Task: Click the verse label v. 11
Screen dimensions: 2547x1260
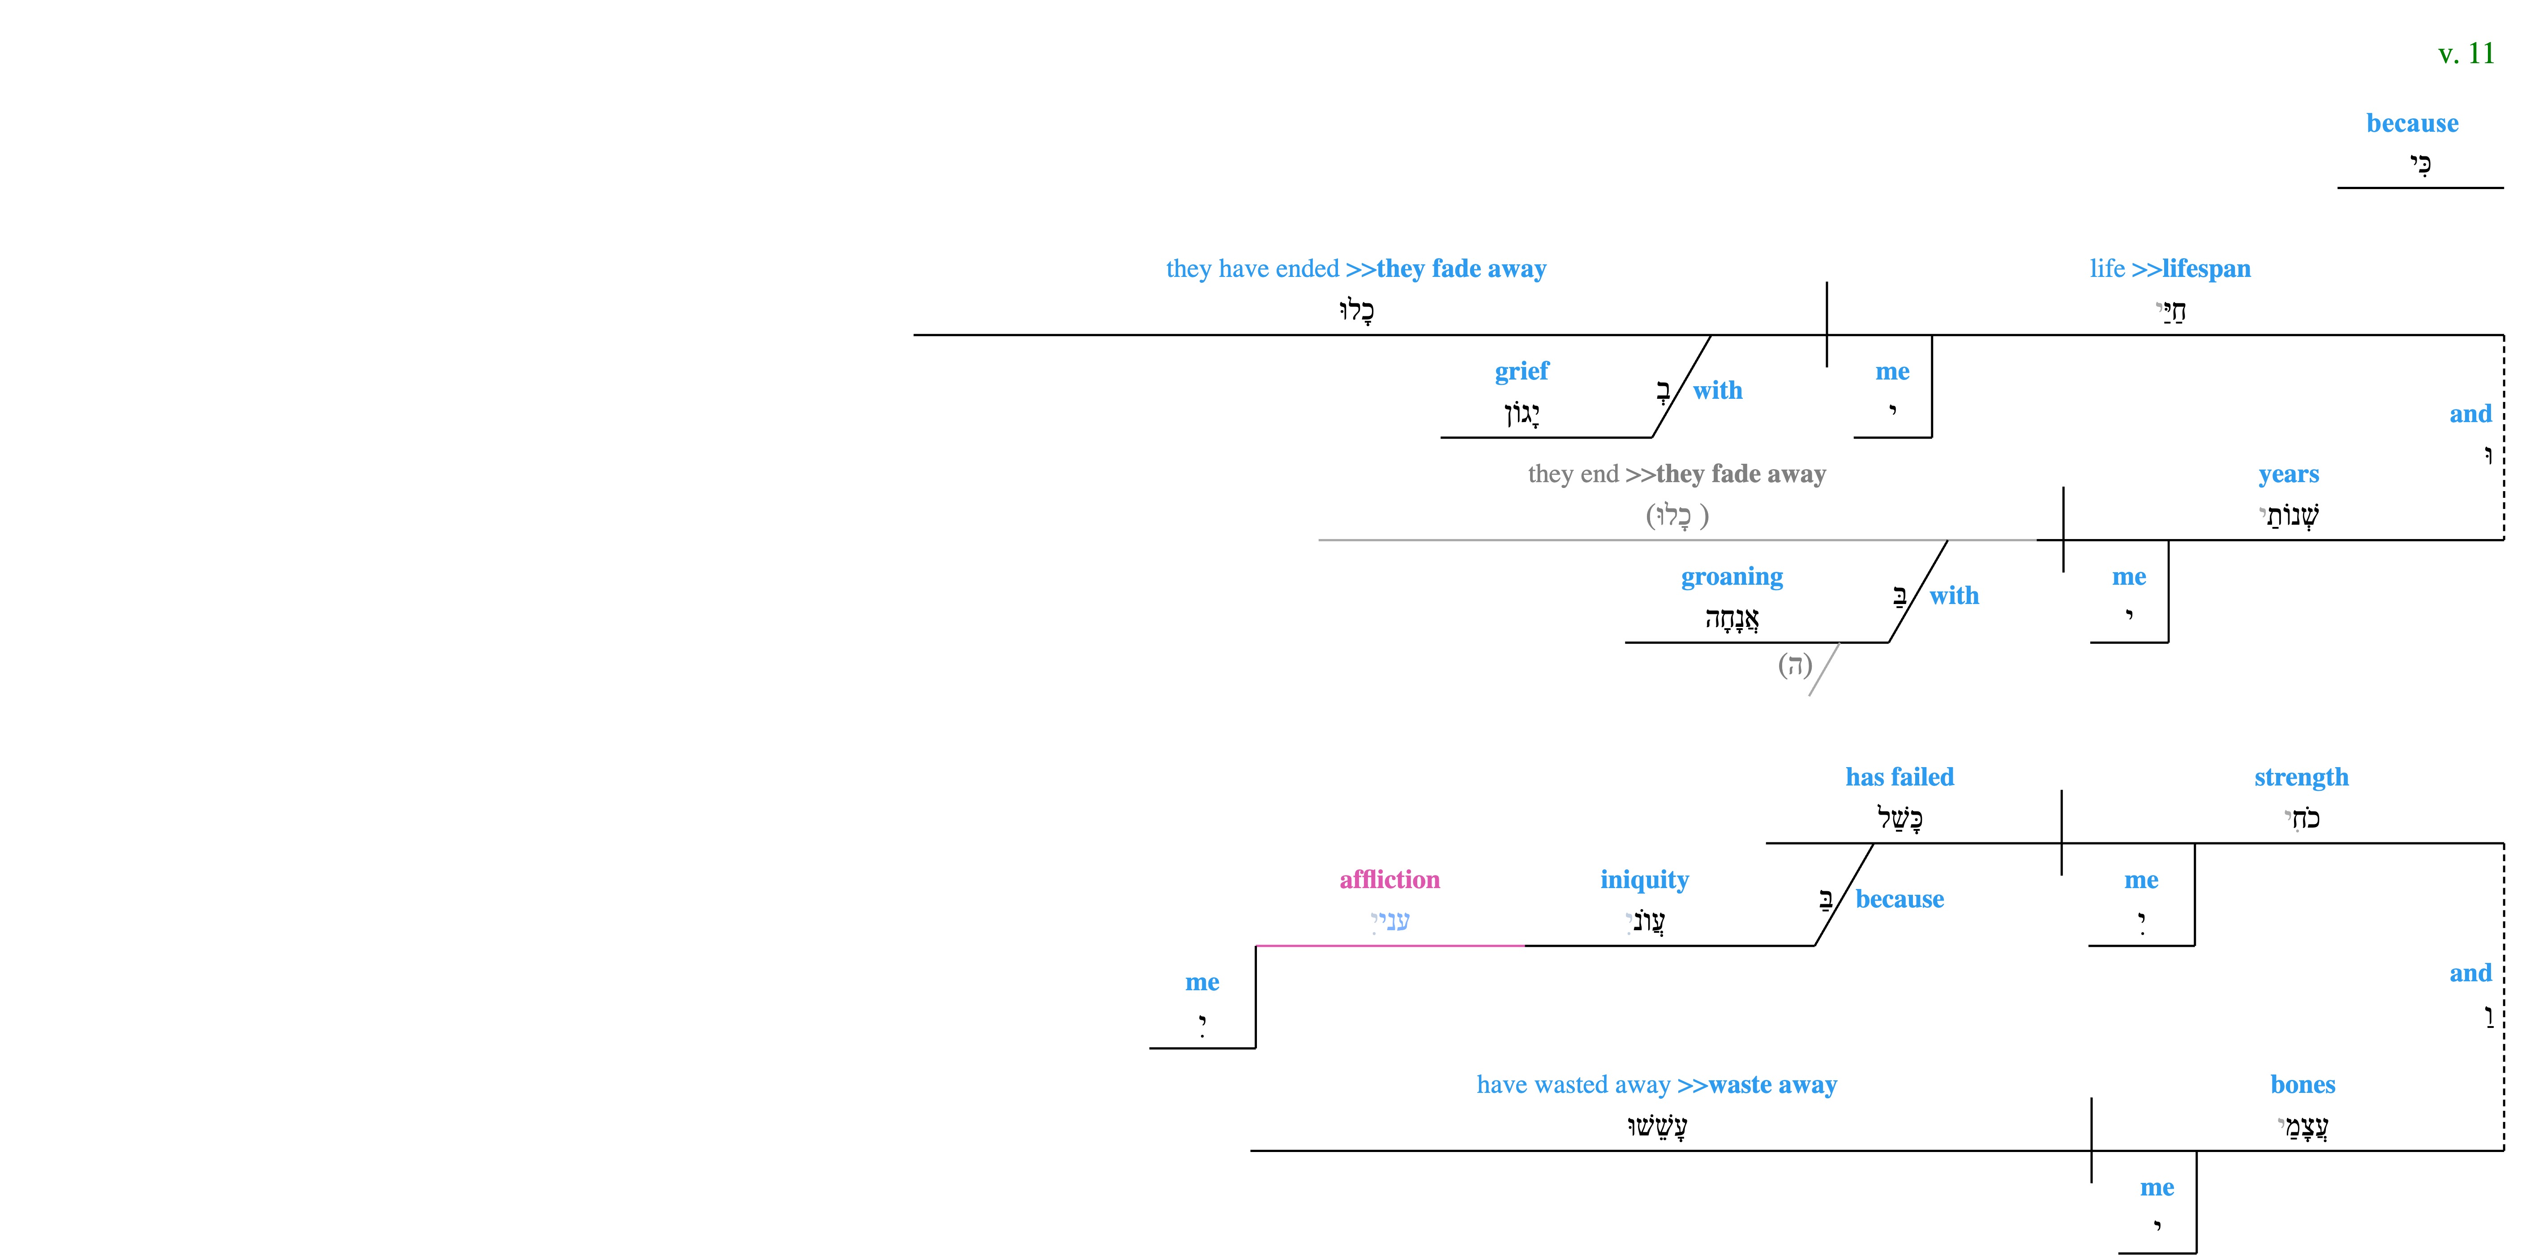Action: pyautogui.click(x=2466, y=53)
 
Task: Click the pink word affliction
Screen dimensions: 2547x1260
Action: pyautogui.click(x=1389, y=879)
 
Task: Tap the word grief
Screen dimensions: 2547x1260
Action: pyautogui.click(x=1522, y=371)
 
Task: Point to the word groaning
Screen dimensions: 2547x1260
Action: pyautogui.click(x=1732, y=577)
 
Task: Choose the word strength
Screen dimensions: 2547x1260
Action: pyautogui.click(x=2301, y=777)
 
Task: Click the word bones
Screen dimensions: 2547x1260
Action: pyautogui.click(x=2303, y=1085)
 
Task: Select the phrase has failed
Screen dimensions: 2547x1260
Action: pyautogui.click(x=1900, y=777)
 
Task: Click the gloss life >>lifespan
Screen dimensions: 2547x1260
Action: pyautogui.click(x=2170, y=269)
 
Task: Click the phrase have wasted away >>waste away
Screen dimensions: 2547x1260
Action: pyautogui.click(x=1657, y=1085)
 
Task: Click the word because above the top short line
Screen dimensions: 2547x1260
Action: pyautogui.click(x=2413, y=124)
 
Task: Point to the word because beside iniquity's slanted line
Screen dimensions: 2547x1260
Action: pyautogui.click(x=1900, y=899)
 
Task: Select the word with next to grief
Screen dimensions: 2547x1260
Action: pyautogui.click(x=1717, y=391)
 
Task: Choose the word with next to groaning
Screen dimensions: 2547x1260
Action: pyautogui.click(x=1954, y=595)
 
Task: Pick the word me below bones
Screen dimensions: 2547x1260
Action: pyautogui.click(x=2157, y=1188)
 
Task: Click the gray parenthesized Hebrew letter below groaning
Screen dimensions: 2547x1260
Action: pyautogui.click(x=1795, y=665)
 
